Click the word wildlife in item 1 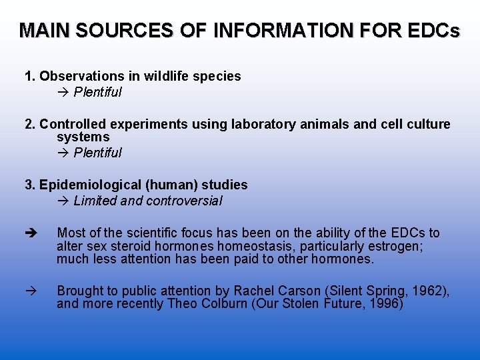tap(167, 76)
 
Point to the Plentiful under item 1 tap(97, 92)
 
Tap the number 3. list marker tap(30, 185)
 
